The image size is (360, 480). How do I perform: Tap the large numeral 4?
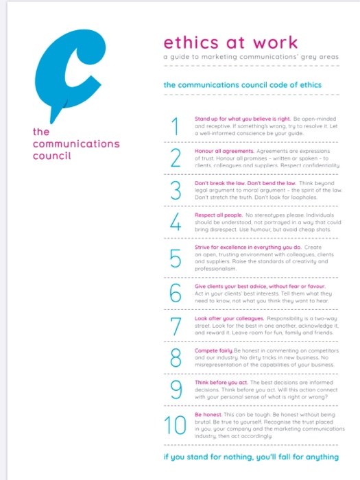click(x=176, y=222)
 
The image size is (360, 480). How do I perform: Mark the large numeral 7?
click(x=176, y=325)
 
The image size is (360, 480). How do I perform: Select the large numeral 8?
click(x=176, y=357)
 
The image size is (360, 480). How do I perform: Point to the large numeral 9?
click(x=176, y=389)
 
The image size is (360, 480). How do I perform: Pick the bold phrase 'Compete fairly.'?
click(x=215, y=350)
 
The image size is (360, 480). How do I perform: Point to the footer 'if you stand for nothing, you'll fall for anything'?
click(x=250, y=456)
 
